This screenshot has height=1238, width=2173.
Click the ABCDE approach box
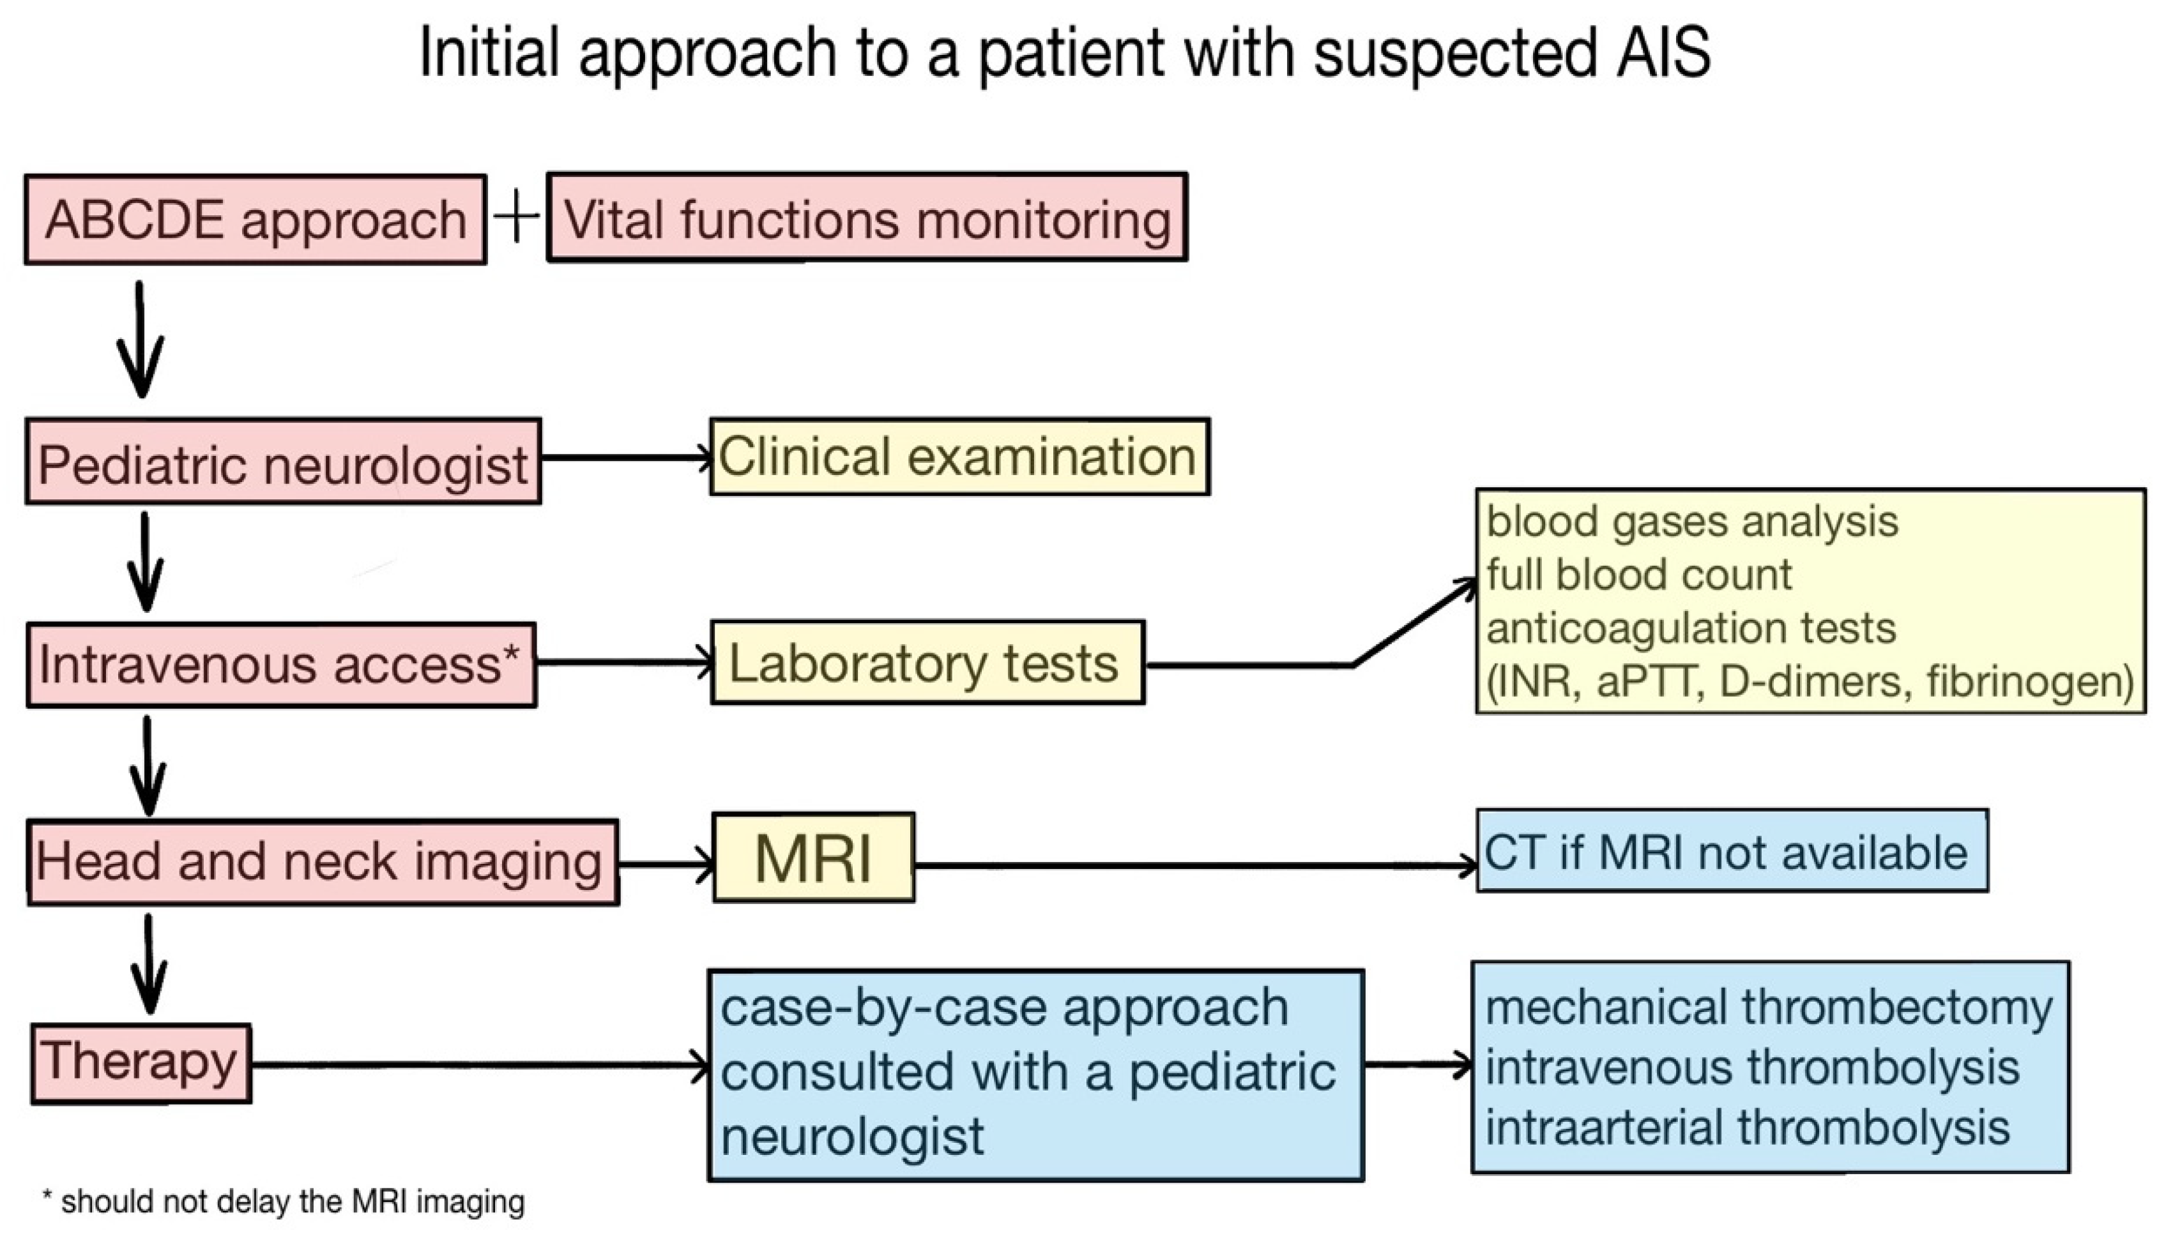[x=255, y=220]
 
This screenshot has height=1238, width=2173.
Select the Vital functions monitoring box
[x=867, y=218]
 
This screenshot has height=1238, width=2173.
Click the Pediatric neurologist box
[x=282, y=462]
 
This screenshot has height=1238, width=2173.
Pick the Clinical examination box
[x=959, y=457]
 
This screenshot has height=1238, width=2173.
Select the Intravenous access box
[x=280, y=665]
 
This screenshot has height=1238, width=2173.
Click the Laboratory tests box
[x=927, y=662]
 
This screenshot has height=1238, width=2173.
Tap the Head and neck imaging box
[x=321, y=862]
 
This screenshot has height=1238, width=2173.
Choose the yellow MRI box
[x=813, y=857]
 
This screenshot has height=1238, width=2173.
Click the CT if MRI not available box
[x=1731, y=851]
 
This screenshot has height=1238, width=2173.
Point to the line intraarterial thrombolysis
[x=1747, y=1128]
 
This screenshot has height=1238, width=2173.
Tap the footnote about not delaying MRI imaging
[x=283, y=1202]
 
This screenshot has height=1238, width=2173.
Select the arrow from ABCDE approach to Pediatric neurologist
[x=141, y=340]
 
